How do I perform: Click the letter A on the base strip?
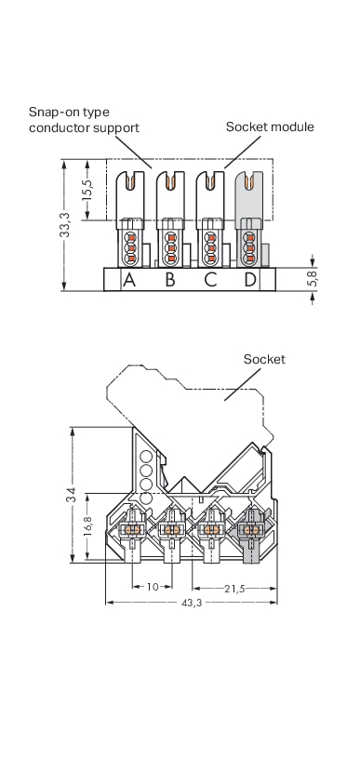pos(129,280)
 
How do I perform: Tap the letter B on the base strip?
pos(169,280)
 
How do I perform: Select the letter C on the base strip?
pos(210,280)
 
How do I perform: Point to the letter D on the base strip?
pos(250,280)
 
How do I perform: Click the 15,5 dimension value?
pos(87,190)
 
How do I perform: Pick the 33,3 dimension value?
pos(65,225)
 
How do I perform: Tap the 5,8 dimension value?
pos(313,279)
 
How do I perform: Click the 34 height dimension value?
pos(71,496)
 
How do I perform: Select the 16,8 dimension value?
pos(87,527)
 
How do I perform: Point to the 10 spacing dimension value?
pos(153,587)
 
